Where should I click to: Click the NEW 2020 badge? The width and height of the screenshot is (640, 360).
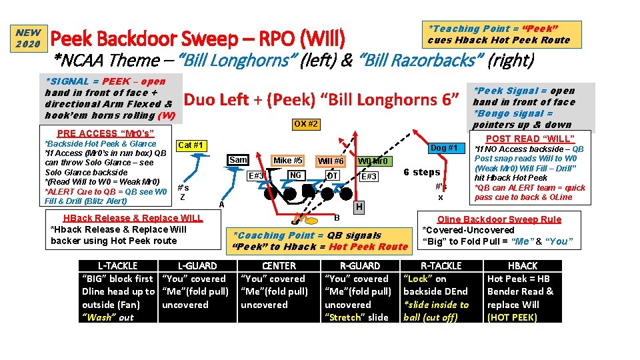click(x=29, y=38)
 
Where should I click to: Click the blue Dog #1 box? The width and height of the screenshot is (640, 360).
click(x=443, y=147)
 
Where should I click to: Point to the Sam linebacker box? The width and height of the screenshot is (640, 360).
click(x=238, y=160)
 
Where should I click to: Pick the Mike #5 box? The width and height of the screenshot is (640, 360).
click(x=289, y=160)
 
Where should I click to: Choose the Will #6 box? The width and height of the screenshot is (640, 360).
click(x=331, y=161)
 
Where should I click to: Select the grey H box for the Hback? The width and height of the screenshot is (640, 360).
click(x=359, y=207)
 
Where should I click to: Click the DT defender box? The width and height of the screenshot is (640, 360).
click(x=332, y=175)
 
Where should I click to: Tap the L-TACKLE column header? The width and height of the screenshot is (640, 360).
click(x=118, y=265)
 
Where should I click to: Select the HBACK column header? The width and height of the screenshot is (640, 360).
click(x=523, y=265)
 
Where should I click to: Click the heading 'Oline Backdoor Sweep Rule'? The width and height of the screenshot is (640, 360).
click(x=499, y=219)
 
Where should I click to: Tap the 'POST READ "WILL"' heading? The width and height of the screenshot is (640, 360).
click(x=531, y=139)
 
